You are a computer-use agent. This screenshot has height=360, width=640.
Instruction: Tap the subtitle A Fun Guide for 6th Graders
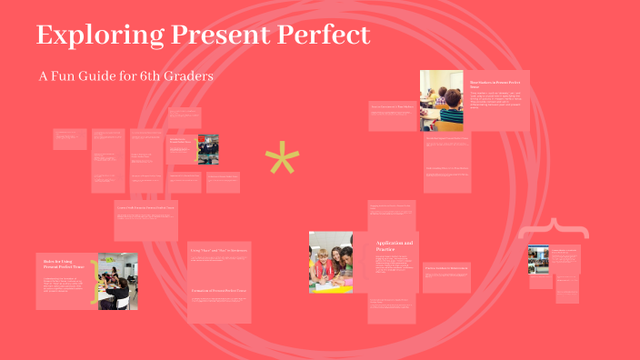click(125, 76)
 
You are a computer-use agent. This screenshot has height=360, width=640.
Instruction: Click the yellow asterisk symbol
click(282, 161)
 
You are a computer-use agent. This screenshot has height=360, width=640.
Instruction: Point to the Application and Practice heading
click(395, 245)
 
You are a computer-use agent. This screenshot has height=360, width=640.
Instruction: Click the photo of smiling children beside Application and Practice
click(331, 262)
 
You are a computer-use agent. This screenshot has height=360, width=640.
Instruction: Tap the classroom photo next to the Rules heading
click(117, 281)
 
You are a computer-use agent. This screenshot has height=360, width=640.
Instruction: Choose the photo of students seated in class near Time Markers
click(442, 101)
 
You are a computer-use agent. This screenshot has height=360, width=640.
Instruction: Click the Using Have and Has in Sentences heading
click(218, 249)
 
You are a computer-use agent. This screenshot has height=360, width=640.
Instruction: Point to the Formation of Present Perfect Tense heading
click(218, 290)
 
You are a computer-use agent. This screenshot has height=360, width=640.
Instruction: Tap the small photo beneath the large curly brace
click(539, 258)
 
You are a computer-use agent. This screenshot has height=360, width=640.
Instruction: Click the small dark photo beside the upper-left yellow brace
click(208, 149)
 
